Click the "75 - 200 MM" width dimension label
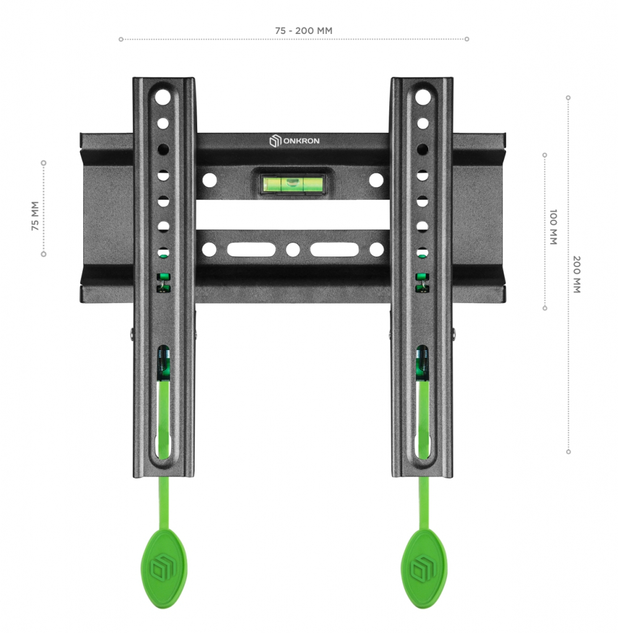point(303,31)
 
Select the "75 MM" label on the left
point(35,216)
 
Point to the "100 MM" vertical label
point(553,227)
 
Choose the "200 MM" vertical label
point(577,274)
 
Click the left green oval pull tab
point(164,563)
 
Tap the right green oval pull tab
point(424,563)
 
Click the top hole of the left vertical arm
point(163,97)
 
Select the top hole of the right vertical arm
point(423,97)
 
